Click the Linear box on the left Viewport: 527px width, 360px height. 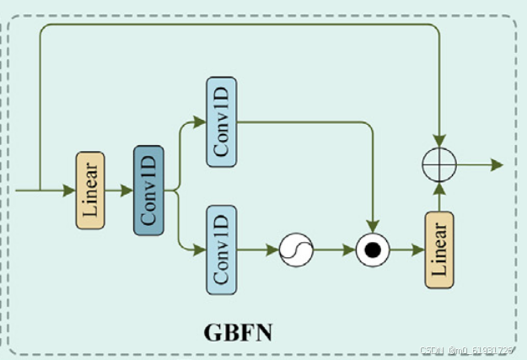pos(89,191)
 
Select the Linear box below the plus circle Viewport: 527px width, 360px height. pos(439,250)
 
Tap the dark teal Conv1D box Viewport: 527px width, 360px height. pos(148,190)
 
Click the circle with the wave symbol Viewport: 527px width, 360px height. pos(295,250)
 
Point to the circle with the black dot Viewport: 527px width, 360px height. pos(371,250)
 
